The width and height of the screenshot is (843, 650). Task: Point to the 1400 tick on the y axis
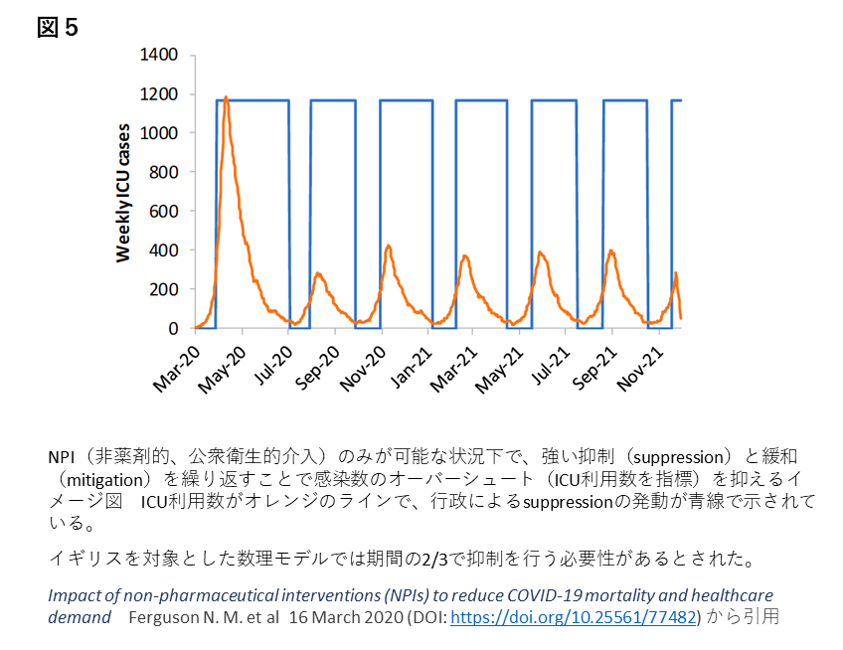[x=159, y=56]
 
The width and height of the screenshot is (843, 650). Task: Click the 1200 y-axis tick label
[x=159, y=94]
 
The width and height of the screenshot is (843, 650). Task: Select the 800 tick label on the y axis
[x=164, y=173]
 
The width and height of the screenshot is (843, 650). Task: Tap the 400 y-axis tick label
[x=164, y=250]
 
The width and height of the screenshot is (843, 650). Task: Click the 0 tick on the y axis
[x=173, y=328]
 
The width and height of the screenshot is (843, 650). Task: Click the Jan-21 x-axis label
[x=411, y=366]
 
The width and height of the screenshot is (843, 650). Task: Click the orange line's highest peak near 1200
[x=227, y=97]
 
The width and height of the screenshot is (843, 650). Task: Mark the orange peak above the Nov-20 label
[x=388, y=244]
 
